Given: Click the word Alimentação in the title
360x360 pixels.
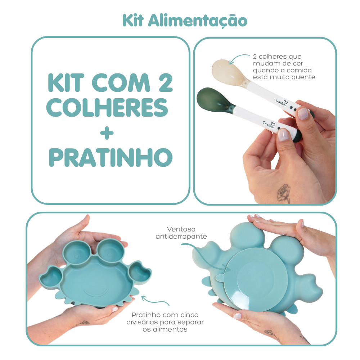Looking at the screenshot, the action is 198,21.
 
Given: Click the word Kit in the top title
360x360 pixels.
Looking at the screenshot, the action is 133,21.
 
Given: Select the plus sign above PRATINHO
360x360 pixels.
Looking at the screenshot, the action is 107,133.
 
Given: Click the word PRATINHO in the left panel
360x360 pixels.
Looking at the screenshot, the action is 111,157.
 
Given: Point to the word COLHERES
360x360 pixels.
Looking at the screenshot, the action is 107,107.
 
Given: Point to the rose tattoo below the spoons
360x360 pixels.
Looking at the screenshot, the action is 284,193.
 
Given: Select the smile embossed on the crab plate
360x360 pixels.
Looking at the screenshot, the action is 96,293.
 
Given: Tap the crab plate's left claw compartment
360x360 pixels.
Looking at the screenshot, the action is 51,276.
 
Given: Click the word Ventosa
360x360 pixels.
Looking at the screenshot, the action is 181,229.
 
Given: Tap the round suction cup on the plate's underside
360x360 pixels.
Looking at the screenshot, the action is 256,279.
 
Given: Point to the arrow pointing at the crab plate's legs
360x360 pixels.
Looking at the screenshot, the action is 155,301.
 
